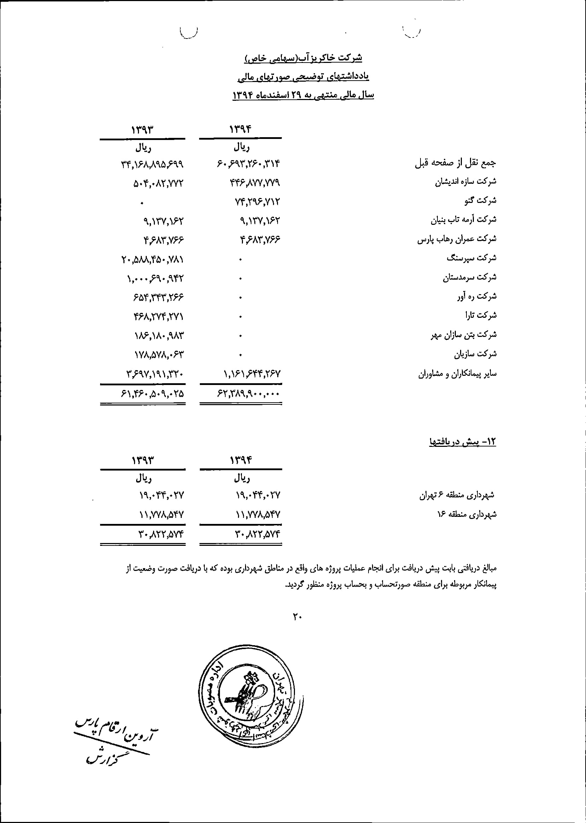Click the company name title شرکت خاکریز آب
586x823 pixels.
coord(303,58)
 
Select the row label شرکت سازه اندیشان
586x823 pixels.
coord(465,181)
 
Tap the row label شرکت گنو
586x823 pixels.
coord(480,200)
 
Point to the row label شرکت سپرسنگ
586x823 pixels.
coord(471,258)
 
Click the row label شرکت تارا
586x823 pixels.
coord(481,316)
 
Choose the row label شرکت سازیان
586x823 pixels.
coord(475,354)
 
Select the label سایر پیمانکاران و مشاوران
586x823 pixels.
coord(457,374)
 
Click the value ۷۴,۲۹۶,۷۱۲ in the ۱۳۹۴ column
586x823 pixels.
coord(257,202)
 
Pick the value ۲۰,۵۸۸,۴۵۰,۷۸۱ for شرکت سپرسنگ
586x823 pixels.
coord(152,259)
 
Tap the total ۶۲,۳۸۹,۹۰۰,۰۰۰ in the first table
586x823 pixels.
coord(248,394)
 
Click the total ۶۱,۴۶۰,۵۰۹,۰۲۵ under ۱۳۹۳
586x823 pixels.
coord(152,394)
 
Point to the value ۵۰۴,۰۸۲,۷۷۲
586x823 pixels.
coord(158,183)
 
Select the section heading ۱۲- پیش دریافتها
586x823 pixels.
coord(463,442)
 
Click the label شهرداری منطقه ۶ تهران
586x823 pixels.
coord(457,496)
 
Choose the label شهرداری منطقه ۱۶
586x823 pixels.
coord(466,514)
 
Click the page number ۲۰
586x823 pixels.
coord(297,617)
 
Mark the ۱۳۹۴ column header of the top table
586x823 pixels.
coord(240,129)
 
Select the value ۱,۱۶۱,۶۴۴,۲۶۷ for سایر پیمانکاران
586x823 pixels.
coord(252,374)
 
